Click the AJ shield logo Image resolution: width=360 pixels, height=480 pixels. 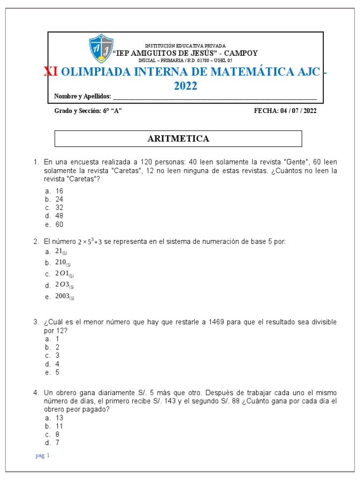(101, 48)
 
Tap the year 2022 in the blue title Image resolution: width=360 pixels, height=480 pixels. (186, 86)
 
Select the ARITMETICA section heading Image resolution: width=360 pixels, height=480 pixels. (178, 139)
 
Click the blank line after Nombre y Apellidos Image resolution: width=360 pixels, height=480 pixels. (215, 97)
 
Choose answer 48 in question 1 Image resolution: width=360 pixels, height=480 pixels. (59, 216)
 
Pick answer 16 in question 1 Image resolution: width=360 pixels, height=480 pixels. (59, 191)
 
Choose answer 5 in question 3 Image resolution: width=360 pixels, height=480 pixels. (57, 373)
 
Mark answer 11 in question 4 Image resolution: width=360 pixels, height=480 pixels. (59, 427)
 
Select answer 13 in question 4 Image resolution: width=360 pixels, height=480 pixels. (59, 418)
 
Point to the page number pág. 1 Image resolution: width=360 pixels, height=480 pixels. (42, 456)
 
